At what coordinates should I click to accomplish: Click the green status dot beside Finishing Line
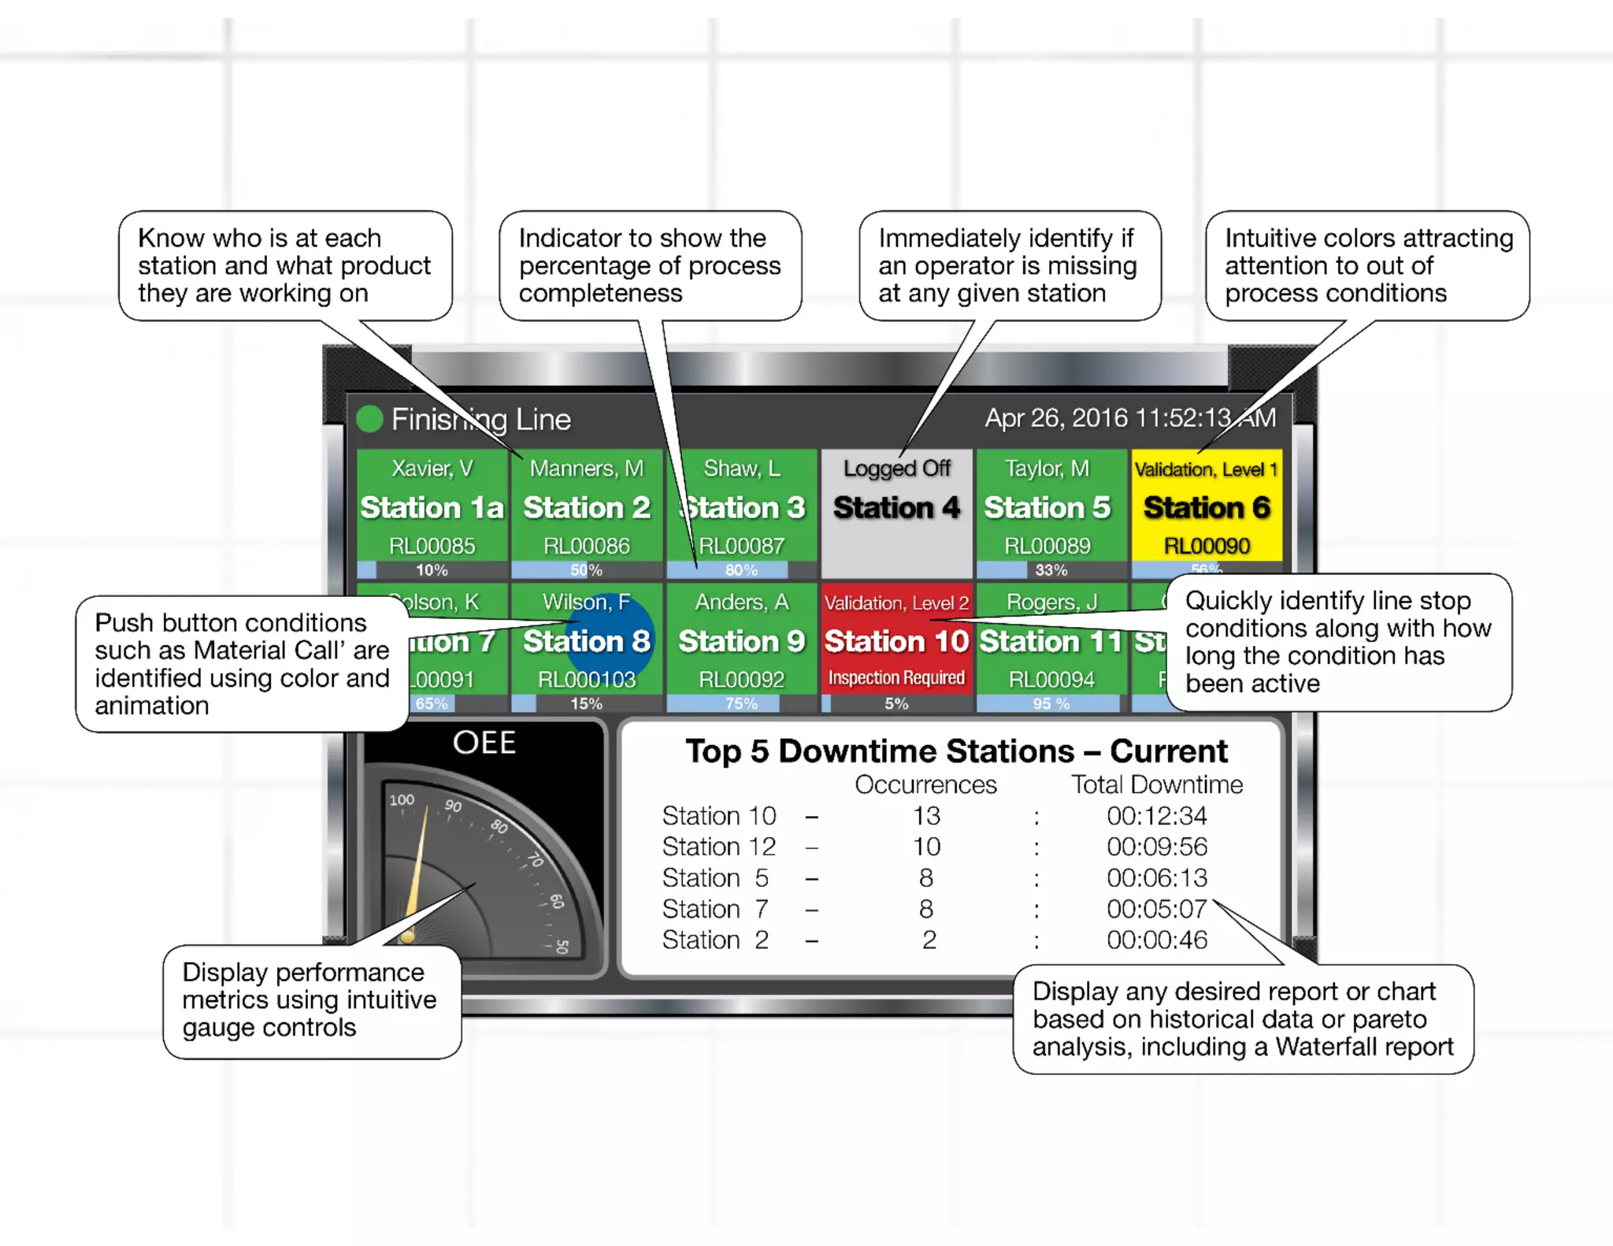tap(369, 419)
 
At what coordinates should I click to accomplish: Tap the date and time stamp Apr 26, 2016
tap(1129, 418)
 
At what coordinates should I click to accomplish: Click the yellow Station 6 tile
tap(1207, 508)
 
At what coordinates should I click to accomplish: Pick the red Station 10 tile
tap(896, 641)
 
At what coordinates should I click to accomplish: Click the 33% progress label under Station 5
tap(1051, 569)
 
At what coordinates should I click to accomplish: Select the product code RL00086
tap(587, 546)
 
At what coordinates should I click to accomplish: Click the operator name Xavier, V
tap(432, 469)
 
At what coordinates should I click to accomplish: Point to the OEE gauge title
tap(484, 743)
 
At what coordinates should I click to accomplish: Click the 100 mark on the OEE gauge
tap(402, 800)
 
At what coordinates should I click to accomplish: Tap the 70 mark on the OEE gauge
tap(536, 859)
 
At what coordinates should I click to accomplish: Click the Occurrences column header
tap(925, 784)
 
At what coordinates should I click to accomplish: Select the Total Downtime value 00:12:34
tap(1156, 816)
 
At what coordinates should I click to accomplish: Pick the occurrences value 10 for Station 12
tap(926, 847)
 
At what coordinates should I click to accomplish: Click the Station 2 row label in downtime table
tap(714, 940)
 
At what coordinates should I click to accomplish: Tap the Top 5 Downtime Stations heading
tap(955, 751)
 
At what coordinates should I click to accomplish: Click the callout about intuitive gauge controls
tap(310, 1000)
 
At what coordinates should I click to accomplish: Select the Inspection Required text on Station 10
tap(896, 678)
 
